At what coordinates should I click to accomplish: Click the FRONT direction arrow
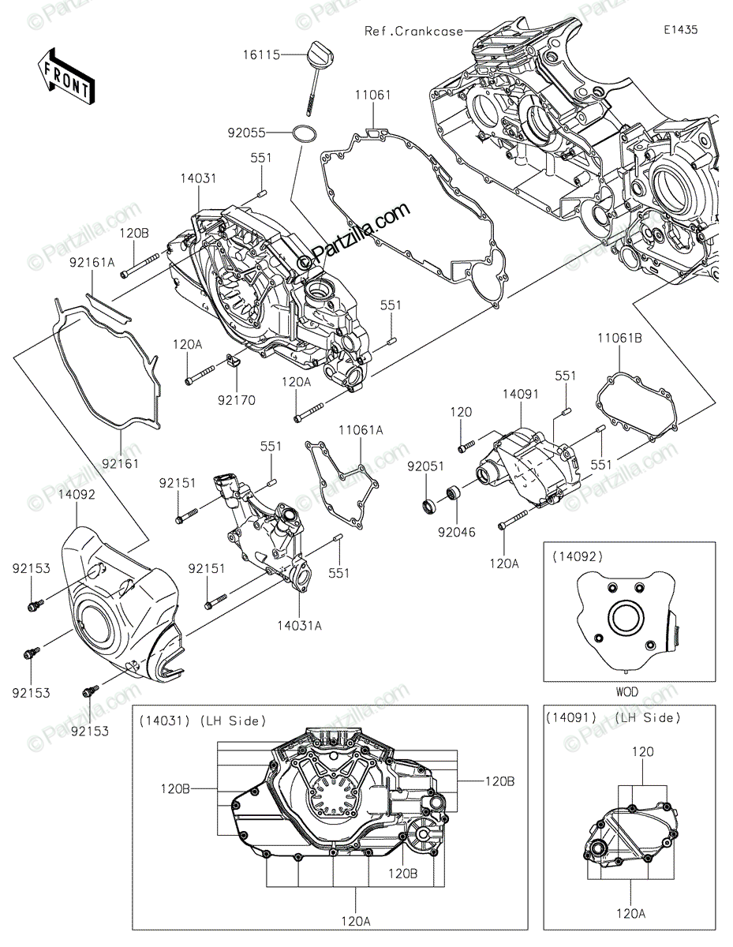(x=65, y=76)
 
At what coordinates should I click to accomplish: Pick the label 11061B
(x=618, y=339)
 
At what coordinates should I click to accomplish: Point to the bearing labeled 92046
(x=454, y=496)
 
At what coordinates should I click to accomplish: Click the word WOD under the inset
(x=628, y=692)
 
